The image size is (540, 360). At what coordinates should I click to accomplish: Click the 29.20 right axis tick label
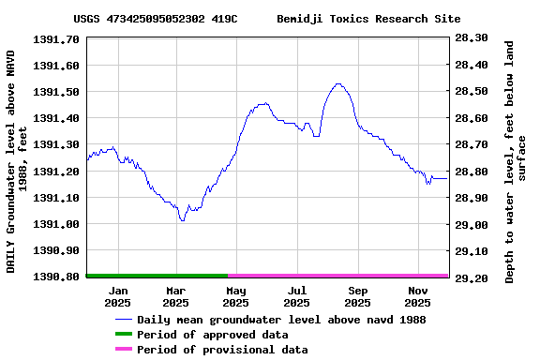(x=471, y=278)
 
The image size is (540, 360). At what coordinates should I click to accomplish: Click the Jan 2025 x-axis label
(x=117, y=296)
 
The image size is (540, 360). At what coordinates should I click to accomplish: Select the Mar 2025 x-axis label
(x=175, y=296)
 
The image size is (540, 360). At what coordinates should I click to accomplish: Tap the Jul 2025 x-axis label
(x=296, y=296)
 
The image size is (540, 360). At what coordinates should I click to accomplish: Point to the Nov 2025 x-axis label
(x=417, y=296)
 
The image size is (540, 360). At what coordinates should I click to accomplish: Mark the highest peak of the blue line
(x=338, y=84)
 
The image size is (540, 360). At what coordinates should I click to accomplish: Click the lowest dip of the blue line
(x=182, y=220)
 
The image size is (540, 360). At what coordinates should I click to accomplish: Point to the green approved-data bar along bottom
(x=157, y=276)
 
